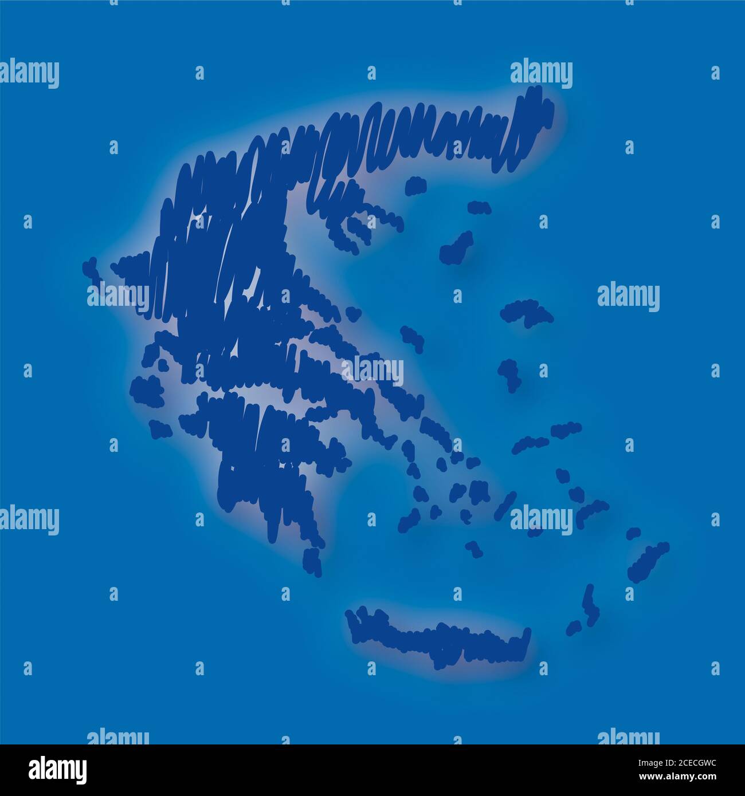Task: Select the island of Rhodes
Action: pos(648,561)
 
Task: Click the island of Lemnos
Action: pos(456,247)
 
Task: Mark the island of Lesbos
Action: pos(526,312)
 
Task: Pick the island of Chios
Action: pos(508,373)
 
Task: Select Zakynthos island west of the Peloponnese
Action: pos(160,428)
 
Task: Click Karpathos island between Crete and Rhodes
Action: pos(586,610)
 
